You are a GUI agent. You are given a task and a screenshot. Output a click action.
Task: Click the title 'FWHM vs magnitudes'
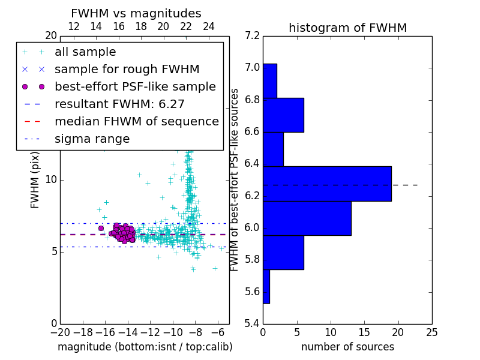click(x=136, y=13)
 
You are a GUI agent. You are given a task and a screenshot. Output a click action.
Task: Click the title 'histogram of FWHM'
click(x=347, y=28)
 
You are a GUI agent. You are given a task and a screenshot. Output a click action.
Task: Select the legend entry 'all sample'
click(x=85, y=52)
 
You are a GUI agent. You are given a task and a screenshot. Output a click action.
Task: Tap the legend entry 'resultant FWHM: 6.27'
click(x=119, y=104)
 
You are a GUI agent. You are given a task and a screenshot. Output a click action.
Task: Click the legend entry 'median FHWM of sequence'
click(x=136, y=121)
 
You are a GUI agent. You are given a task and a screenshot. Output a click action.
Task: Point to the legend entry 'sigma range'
click(x=92, y=139)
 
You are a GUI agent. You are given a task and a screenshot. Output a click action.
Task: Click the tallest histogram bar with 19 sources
click(x=327, y=184)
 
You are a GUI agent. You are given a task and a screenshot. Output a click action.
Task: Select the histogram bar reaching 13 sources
click(x=307, y=218)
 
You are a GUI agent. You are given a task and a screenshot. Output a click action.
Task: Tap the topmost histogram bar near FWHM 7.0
click(x=270, y=80)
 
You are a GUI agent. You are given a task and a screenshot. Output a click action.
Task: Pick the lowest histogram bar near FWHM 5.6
click(x=266, y=287)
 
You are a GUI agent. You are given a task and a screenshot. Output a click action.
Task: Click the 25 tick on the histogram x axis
click(x=431, y=332)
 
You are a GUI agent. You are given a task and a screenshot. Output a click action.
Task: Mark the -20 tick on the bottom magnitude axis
click(x=60, y=332)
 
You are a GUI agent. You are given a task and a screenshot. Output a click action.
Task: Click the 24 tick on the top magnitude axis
click(x=209, y=26)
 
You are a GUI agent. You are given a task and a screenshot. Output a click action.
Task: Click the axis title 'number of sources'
click(x=347, y=347)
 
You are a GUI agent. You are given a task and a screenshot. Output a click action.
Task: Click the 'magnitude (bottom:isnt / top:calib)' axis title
click(x=145, y=347)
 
